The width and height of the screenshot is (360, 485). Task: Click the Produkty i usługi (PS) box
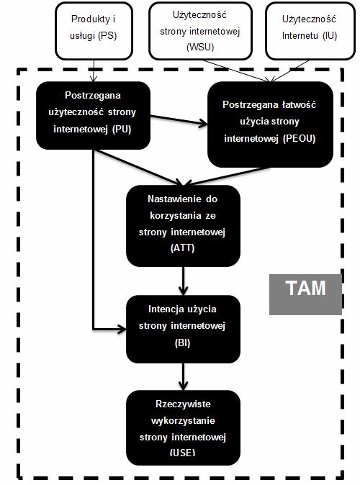tap(94, 31)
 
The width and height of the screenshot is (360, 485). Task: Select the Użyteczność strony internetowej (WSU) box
tap(200, 31)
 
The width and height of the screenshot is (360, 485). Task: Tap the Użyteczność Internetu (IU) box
tap(310, 31)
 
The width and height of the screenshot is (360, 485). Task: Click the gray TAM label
tap(305, 294)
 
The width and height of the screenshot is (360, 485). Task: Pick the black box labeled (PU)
tap(93, 115)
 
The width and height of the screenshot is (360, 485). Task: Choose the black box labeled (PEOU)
tap(270, 124)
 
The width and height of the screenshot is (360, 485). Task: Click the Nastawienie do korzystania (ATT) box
tap(184, 226)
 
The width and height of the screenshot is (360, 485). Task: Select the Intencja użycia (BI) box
tap(184, 329)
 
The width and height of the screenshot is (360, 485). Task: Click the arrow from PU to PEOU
tap(179, 120)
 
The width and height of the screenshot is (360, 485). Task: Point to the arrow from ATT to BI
tap(184, 281)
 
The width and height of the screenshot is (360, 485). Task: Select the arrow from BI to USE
tap(184, 377)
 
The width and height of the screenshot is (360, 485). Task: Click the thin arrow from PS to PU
tap(94, 71)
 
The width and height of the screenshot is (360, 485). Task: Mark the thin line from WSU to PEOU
tap(235, 71)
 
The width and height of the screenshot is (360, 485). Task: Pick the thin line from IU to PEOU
tap(289, 71)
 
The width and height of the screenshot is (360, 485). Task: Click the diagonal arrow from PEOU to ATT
tap(228, 176)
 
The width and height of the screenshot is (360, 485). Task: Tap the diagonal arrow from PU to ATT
tap(139, 168)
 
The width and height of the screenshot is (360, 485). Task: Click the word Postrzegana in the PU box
tap(93, 95)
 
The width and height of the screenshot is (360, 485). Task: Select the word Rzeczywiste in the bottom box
tap(184, 404)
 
